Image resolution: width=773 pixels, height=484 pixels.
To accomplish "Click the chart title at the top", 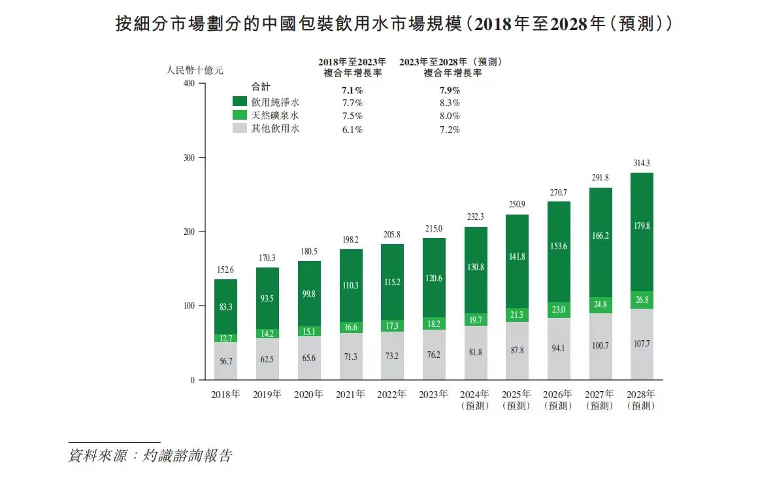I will (x=393, y=25).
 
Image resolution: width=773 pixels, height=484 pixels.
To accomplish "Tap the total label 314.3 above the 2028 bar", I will (x=642, y=163).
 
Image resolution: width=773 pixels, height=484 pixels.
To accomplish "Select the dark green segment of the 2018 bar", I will (x=225, y=306).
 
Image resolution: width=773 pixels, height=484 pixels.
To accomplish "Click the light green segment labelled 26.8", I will (x=642, y=300).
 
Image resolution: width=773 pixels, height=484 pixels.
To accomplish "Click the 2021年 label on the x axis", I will (x=350, y=394).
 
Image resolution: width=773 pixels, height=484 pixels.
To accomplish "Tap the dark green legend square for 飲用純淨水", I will (x=240, y=102).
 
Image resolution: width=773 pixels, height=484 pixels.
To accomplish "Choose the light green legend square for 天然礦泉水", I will (x=240, y=115).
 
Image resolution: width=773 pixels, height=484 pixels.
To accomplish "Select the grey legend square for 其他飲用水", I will (x=240, y=129).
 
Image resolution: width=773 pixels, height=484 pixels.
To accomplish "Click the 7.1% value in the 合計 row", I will (x=352, y=90).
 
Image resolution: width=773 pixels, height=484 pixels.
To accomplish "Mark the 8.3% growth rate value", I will (x=450, y=103).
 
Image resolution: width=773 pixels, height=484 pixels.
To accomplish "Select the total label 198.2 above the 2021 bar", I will (x=350, y=240).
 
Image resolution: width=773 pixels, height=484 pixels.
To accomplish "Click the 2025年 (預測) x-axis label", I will (x=516, y=400).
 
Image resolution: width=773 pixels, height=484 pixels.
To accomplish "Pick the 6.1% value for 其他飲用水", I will (x=352, y=130).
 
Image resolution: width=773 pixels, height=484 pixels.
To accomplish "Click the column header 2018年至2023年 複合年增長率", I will (x=352, y=67).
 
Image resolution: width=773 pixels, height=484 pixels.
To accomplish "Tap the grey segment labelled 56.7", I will (x=225, y=361).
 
